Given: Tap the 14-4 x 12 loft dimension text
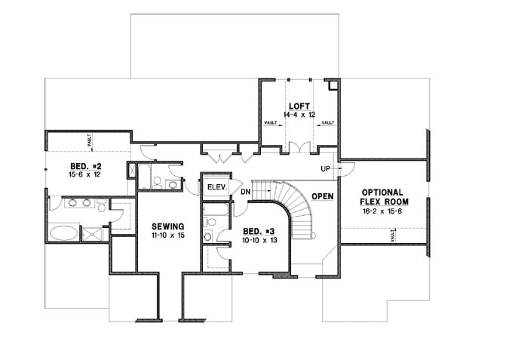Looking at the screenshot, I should (x=299, y=115).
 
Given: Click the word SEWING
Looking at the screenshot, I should (x=164, y=226).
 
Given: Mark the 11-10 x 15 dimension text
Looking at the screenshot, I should (x=164, y=235).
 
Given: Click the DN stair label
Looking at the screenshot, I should (x=245, y=192).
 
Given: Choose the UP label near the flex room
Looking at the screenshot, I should (x=325, y=168).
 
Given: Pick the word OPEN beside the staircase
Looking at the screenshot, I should (x=323, y=195).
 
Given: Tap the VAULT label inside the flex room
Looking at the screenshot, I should (x=394, y=237).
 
